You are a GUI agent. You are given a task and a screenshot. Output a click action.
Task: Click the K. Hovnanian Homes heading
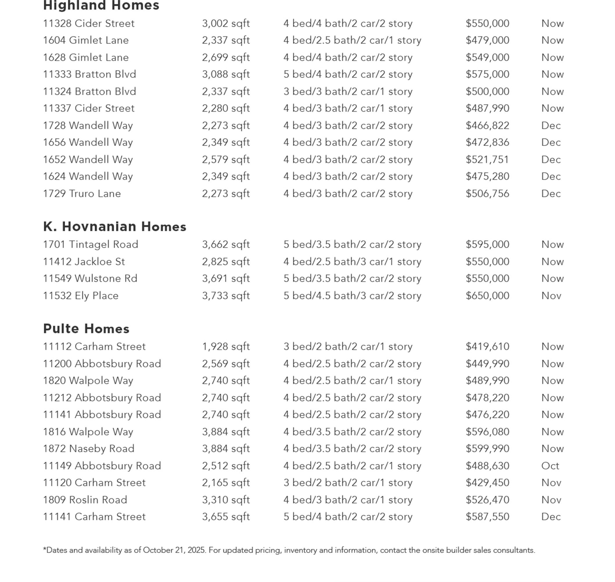(x=114, y=227)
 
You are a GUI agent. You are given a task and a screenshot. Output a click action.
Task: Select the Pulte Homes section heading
(x=86, y=329)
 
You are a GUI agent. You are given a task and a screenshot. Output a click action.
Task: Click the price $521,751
(x=487, y=159)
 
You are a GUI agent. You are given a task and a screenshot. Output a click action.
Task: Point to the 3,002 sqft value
(x=226, y=24)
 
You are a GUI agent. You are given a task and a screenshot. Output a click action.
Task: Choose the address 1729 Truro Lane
(x=82, y=194)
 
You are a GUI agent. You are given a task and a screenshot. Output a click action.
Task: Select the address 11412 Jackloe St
(x=84, y=262)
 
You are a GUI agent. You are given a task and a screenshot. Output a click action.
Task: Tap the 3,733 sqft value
(x=226, y=296)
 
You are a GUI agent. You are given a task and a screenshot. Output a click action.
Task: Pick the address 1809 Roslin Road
(x=85, y=500)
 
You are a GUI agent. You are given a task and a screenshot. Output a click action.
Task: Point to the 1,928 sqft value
(x=226, y=346)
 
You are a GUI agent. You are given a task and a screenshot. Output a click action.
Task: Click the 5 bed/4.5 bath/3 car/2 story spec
(x=352, y=296)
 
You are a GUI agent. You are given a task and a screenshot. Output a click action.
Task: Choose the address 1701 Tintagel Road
(x=90, y=245)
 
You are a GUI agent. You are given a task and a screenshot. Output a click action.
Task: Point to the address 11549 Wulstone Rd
(x=90, y=279)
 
